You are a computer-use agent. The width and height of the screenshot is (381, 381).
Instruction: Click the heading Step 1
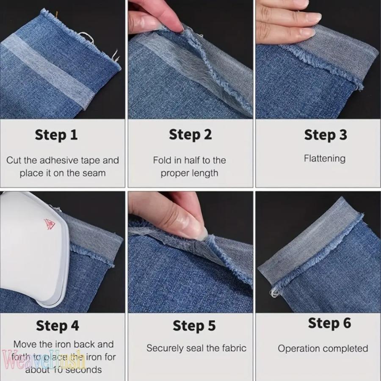[56, 135]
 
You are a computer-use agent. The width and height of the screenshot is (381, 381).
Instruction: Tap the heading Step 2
[190, 135]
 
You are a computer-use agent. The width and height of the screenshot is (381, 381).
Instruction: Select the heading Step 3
[325, 135]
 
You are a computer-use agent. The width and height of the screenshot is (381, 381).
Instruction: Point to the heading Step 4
[58, 326]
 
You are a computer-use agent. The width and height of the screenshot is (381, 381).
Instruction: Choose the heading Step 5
[194, 326]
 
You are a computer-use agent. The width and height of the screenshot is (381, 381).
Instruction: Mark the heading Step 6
[329, 323]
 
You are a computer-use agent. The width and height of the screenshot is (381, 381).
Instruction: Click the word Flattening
[325, 159]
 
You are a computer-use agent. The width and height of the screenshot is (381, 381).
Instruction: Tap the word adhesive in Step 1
[58, 160]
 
